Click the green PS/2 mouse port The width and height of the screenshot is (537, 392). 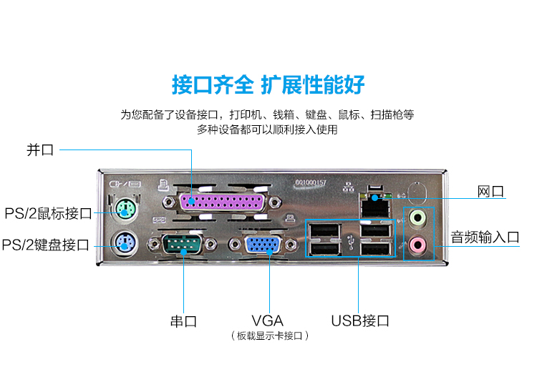click(x=125, y=209)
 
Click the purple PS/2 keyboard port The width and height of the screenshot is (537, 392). click(x=124, y=243)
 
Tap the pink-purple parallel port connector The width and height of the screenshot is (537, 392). click(x=222, y=202)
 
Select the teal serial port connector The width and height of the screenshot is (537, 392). click(x=182, y=244)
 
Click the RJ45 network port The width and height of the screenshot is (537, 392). click(x=375, y=205)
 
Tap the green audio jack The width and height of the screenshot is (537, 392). click(x=418, y=217)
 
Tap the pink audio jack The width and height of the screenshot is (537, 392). click(x=418, y=244)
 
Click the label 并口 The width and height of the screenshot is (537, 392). click(x=40, y=150)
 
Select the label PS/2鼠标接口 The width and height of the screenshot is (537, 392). click(x=48, y=213)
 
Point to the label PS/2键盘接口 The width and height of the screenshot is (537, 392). click(x=46, y=245)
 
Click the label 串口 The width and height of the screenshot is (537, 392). click(x=183, y=321)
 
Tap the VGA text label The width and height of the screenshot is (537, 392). click(x=268, y=321)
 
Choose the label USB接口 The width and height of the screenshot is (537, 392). click(x=360, y=321)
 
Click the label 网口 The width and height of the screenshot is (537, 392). click(x=490, y=192)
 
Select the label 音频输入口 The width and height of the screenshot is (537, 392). click(x=485, y=237)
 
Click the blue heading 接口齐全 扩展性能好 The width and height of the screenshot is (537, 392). click(x=268, y=84)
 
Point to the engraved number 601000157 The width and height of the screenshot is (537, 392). click(x=311, y=182)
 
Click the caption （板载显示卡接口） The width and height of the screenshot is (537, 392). click(x=270, y=336)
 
